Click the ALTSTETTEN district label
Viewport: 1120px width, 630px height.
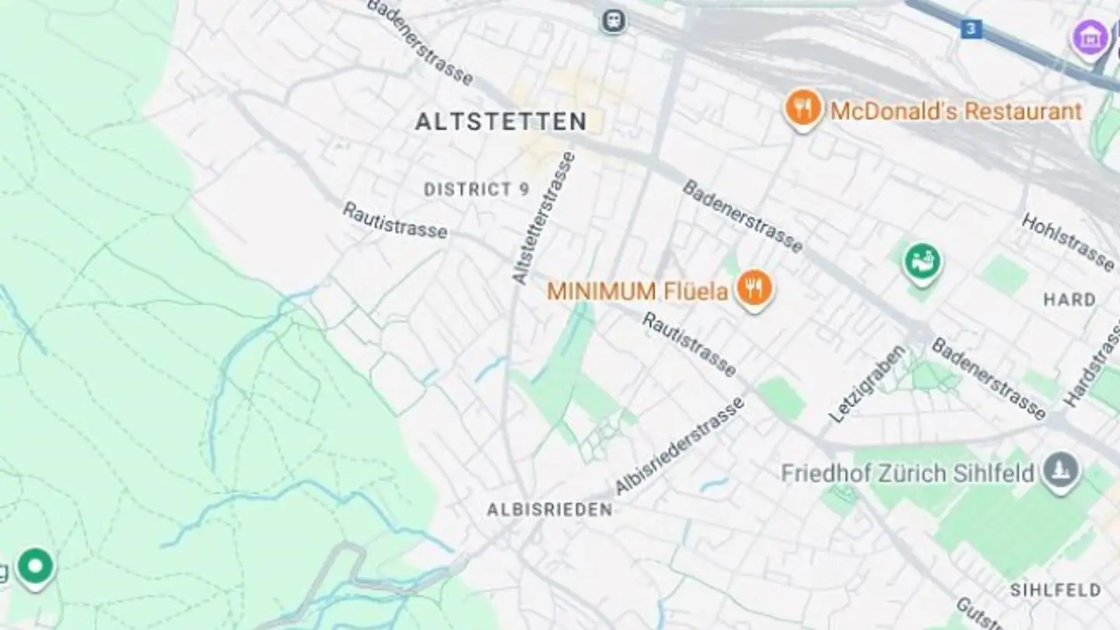(x=501, y=122)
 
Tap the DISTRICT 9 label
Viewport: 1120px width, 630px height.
(x=477, y=189)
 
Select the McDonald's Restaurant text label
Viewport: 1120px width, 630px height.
(x=956, y=111)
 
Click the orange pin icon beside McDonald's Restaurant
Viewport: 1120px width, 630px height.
(x=803, y=109)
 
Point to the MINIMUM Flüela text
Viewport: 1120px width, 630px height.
(x=638, y=292)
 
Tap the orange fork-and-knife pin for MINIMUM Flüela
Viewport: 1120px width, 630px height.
(x=754, y=289)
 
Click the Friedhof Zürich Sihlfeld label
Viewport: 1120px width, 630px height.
(x=908, y=473)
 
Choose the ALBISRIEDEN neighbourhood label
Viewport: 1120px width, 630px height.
(x=549, y=510)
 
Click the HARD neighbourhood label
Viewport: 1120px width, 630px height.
(x=1069, y=299)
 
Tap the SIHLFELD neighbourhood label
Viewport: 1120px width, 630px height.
(x=1055, y=590)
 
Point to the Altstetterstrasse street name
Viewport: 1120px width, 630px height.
(x=544, y=218)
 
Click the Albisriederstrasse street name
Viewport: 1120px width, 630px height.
(x=680, y=446)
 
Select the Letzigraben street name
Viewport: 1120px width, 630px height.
(x=866, y=385)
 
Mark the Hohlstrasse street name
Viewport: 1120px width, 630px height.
(x=1067, y=242)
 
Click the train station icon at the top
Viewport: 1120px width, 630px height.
(x=614, y=20)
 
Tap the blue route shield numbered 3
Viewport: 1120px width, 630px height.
(x=970, y=30)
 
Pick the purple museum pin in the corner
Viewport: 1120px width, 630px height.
(x=1090, y=37)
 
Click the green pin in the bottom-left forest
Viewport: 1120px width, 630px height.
(x=35, y=567)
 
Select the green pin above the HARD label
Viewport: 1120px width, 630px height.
(x=922, y=262)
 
